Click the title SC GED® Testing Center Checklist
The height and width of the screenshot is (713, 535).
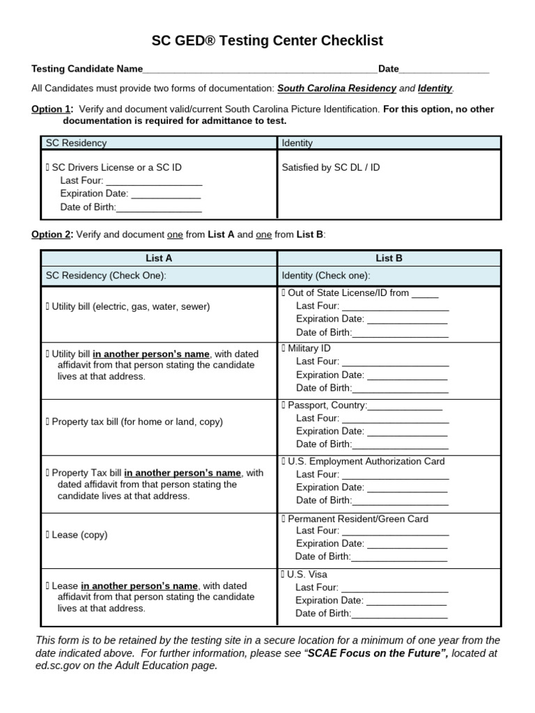(x=267, y=41)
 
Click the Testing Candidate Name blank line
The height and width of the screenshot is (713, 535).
(x=259, y=70)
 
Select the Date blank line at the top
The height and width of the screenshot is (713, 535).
(x=444, y=70)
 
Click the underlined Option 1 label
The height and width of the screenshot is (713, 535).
(x=51, y=109)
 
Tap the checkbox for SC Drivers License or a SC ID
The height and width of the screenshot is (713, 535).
(x=48, y=168)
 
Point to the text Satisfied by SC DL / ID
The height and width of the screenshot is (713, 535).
(x=331, y=168)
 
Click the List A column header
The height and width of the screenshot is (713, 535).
(x=159, y=258)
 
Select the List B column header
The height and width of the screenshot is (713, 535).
(x=389, y=258)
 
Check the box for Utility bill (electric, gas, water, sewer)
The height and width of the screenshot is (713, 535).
(x=48, y=306)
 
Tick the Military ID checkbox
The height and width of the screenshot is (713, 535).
(x=284, y=348)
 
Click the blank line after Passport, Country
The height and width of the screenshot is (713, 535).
(x=405, y=406)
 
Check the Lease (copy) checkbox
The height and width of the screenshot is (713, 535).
(x=48, y=535)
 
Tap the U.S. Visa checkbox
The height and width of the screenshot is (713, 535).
(x=284, y=574)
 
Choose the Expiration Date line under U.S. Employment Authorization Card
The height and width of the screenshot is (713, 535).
(x=407, y=487)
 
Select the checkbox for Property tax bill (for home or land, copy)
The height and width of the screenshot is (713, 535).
(x=48, y=422)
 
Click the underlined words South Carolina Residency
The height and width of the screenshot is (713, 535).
(x=337, y=88)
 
